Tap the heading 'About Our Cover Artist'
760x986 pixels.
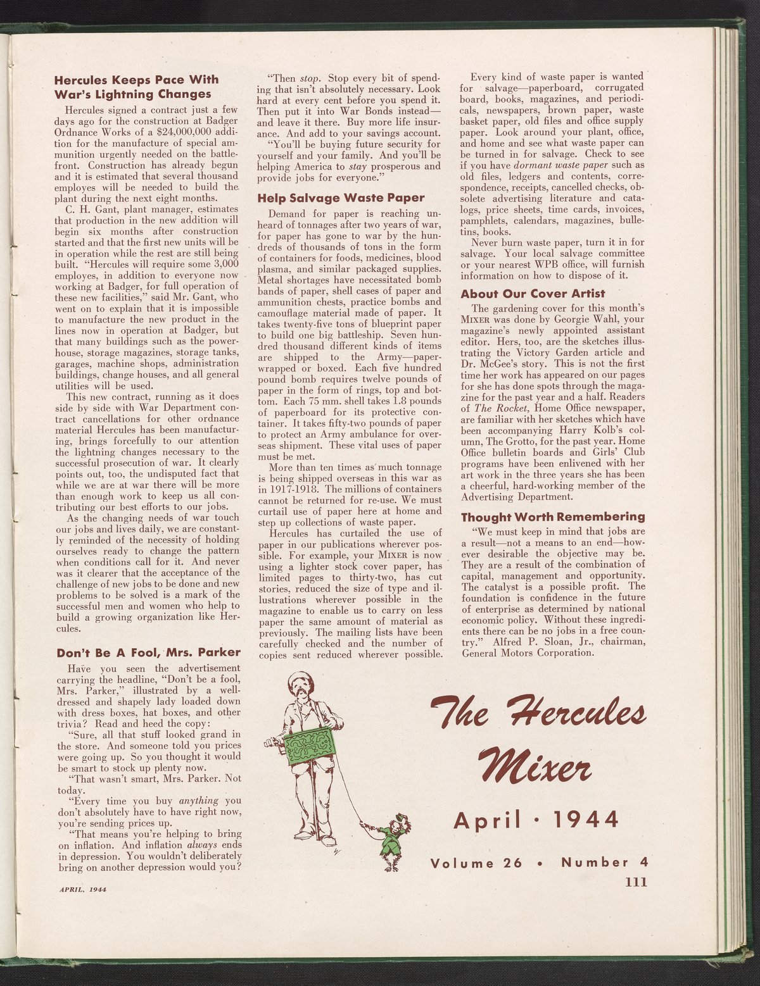click(x=533, y=294)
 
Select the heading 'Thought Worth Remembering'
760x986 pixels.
click(x=553, y=516)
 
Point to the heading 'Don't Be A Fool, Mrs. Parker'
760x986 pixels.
click(x=149, y=652)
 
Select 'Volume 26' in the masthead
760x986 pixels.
click(x=476, y=863)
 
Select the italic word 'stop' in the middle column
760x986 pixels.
click(x=308, y=79)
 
